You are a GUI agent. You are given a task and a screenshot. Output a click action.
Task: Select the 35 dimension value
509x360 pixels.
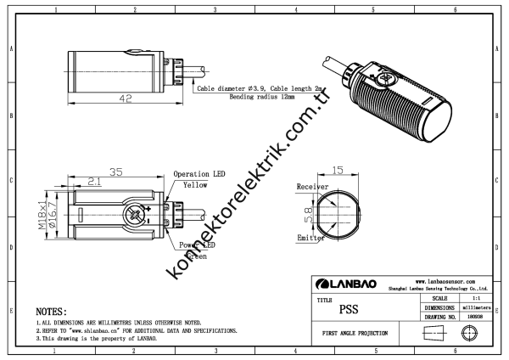point(115,172)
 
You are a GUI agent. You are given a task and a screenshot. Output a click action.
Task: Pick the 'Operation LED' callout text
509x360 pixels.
point(199,174)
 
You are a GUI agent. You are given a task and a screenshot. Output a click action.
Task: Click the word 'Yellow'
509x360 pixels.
point(201,184)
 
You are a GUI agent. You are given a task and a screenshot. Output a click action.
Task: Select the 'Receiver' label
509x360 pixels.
point(312,186)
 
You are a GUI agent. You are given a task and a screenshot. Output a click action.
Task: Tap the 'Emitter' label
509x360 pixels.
point(310,239)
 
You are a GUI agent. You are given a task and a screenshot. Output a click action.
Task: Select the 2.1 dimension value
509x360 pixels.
point(95,181)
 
